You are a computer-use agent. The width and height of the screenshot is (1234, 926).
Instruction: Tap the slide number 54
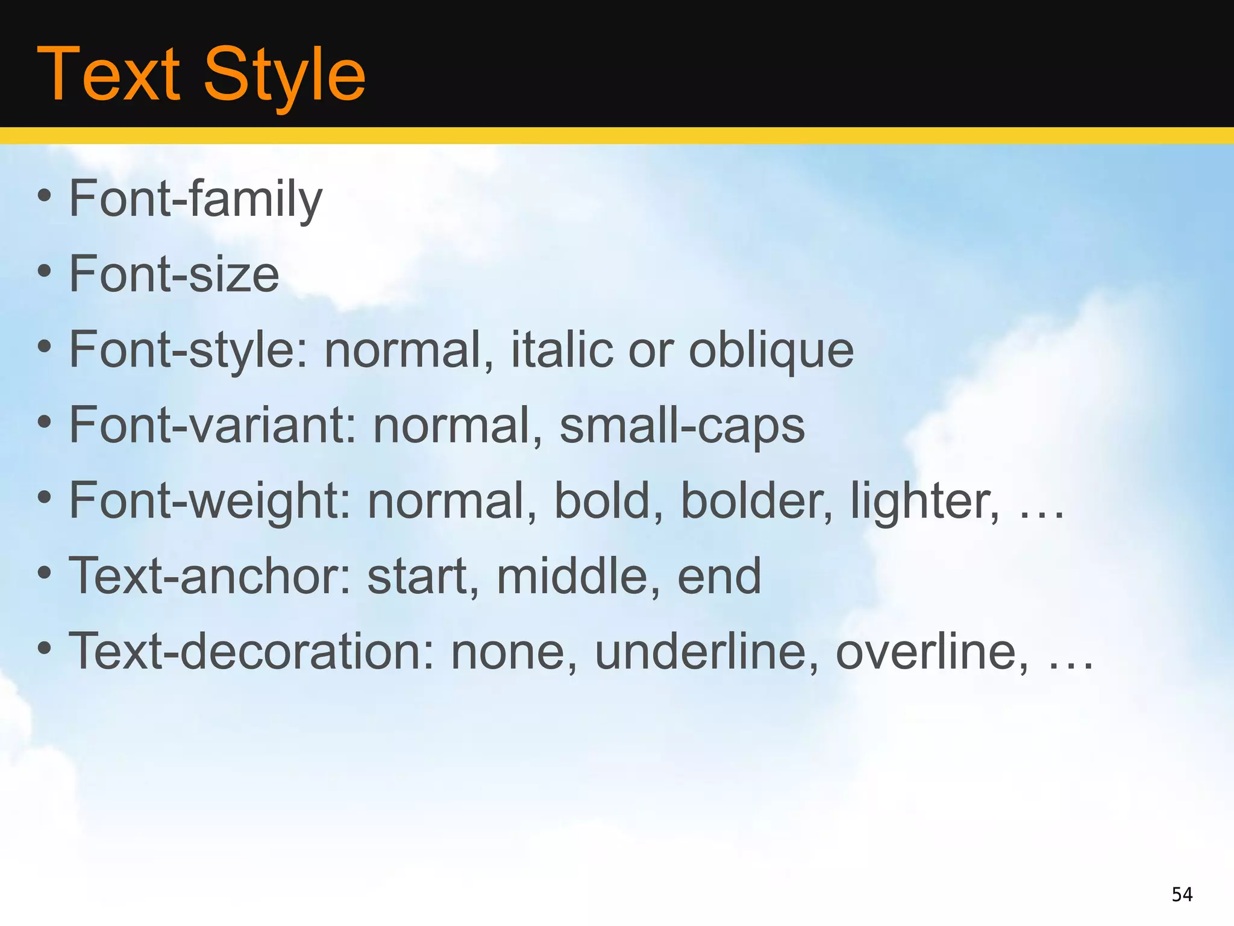tap(1182, 894)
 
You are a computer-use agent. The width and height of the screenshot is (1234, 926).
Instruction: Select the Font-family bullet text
tap(196, 200)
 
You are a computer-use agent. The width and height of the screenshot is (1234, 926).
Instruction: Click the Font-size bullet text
tap(174, 275)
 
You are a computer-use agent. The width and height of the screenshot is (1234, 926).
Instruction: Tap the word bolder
tap(757, 501)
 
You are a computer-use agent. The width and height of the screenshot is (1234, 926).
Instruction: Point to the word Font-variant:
tap(213, 426)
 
